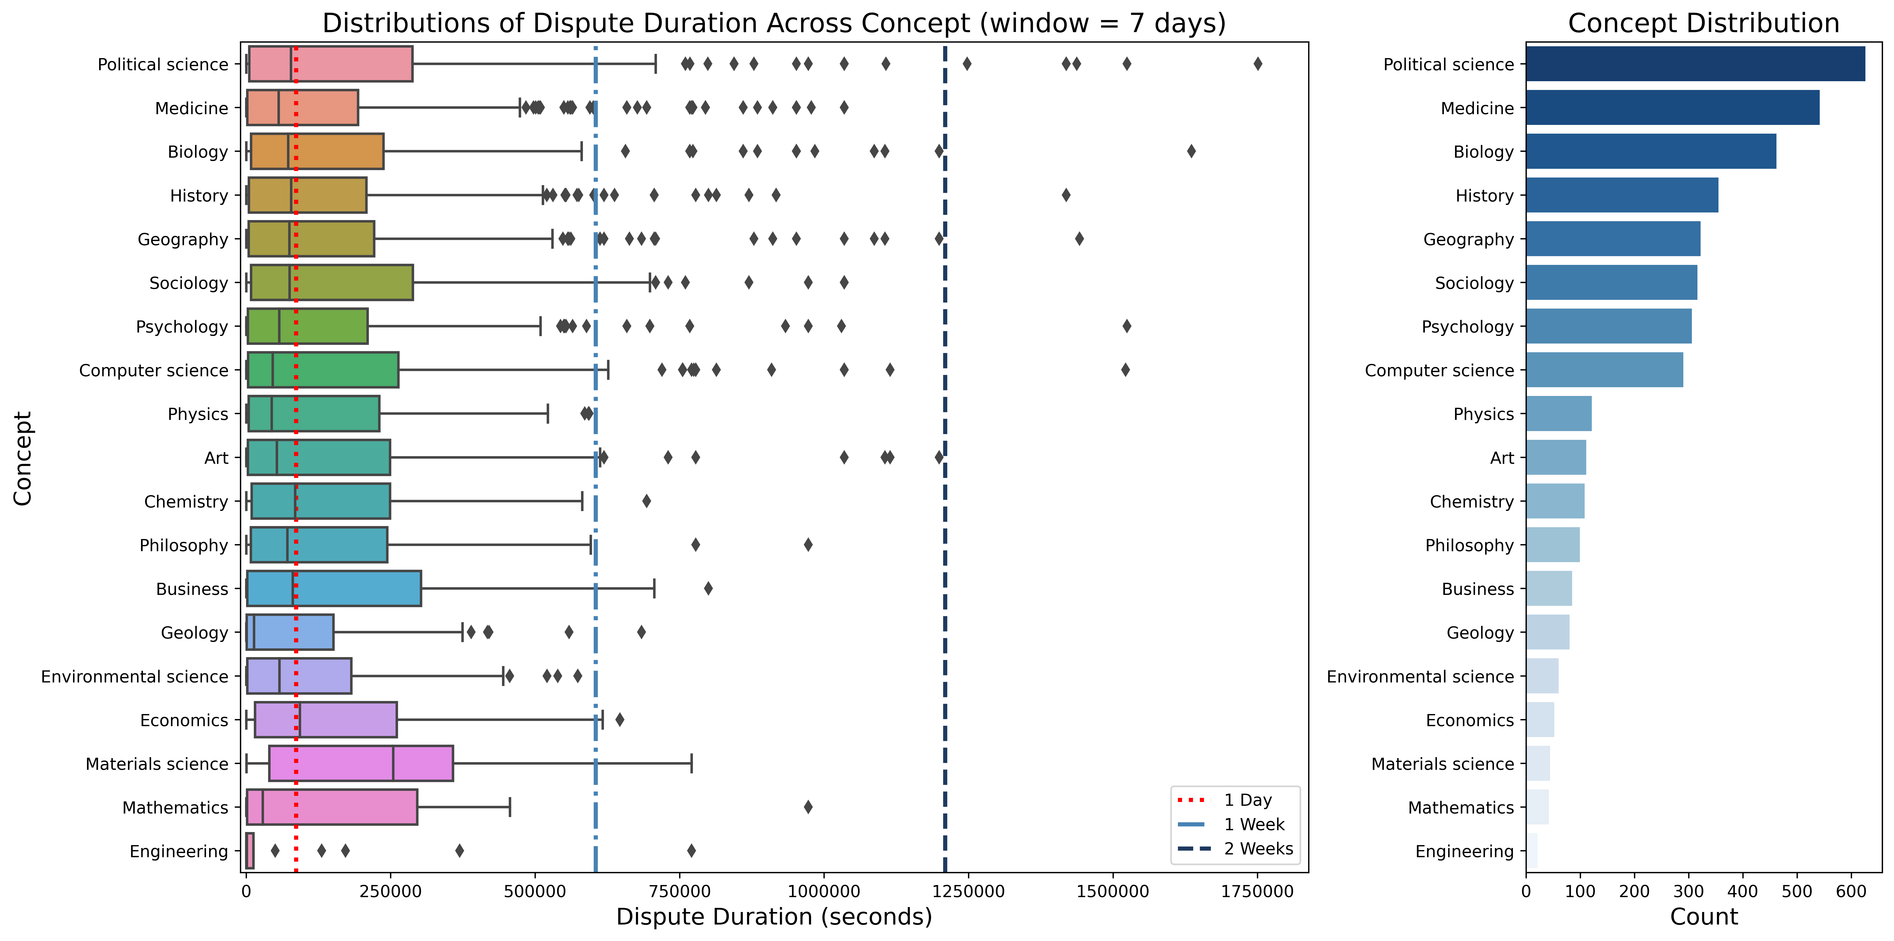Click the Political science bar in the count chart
(x=1695, y=64)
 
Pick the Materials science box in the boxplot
(x=360, y=764)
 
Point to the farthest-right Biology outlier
(x=1191, y=152)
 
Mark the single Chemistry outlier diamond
(x=646, y=501)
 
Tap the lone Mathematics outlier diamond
(x=808, y=807)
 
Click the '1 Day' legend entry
(x=1235, y=800)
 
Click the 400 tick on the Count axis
(x=1743, y=892)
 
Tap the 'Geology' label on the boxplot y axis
(x=194, y=633)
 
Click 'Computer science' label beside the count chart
(x=1439, y=371)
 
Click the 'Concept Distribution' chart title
(x=1703, y=23)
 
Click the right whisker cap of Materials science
(x=691, y=764)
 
